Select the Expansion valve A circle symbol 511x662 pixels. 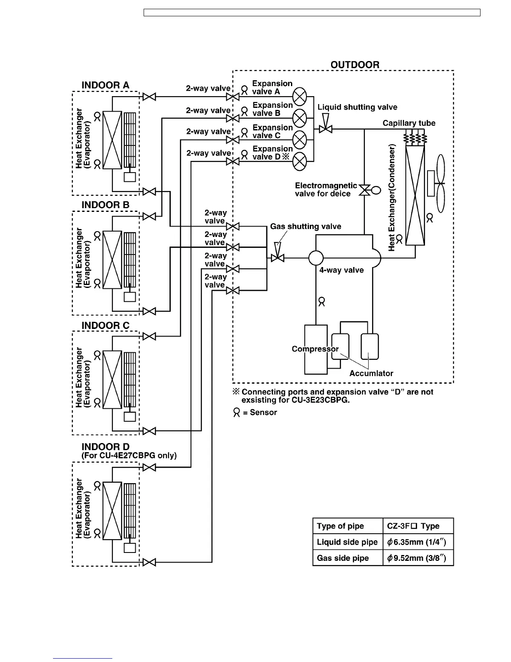pos(300,97)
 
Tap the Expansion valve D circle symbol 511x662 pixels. pos(300,161)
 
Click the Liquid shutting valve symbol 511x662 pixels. pos(325,129)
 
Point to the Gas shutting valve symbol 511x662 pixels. pos(277,258)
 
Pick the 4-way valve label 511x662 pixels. pos(342,270)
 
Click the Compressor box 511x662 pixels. pos(316,349)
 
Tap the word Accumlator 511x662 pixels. pos(371,374)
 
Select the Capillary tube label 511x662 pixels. pos(409,123)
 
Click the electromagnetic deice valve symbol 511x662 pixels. pos(365,190)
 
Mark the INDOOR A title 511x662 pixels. pos(106,85)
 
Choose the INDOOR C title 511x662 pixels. pos(106,326)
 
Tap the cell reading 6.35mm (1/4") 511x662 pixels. pos(417,542)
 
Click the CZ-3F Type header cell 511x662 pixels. pos(417,526)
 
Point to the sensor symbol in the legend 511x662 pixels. pos(237,413)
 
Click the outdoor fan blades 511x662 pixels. pos(440,184)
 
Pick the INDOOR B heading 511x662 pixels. pos(106,205)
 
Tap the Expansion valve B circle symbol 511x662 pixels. pos(300,118)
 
